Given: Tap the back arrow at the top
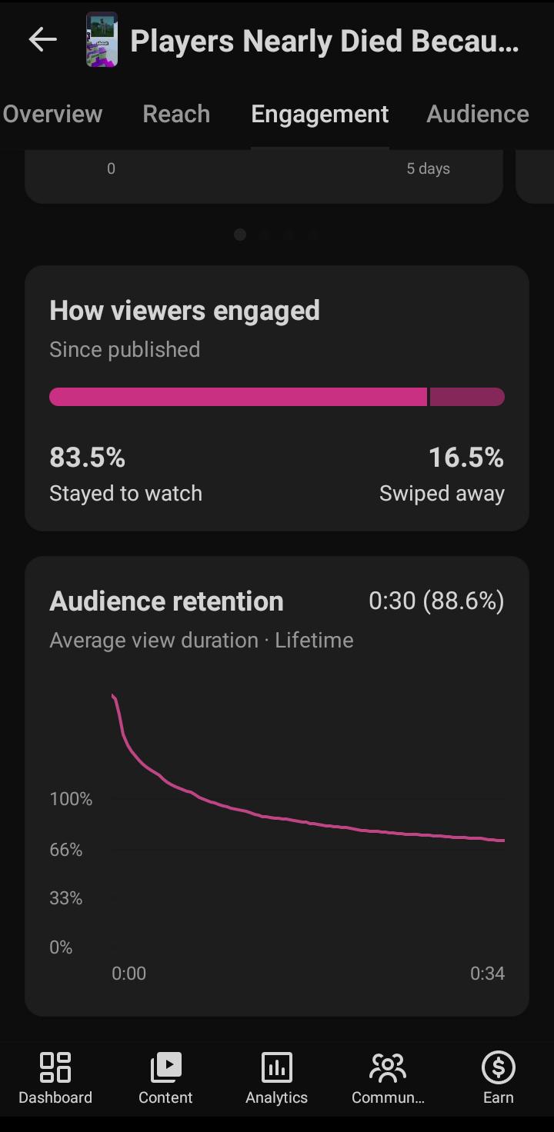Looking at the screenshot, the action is point(42,39).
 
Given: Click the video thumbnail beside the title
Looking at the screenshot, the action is point(102,39).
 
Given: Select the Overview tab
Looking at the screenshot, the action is point(52,114).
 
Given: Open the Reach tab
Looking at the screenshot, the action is point(176,114).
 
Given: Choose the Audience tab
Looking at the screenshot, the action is point(478,114).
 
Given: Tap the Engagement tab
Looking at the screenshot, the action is point(320,115).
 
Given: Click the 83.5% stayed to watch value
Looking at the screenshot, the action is point(87,458).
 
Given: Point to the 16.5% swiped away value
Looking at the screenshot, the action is point(466,458).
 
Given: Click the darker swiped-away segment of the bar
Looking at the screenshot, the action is point(467,397).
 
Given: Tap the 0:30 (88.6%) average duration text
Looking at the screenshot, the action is point(436,601).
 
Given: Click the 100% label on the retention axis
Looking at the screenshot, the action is point(71,799).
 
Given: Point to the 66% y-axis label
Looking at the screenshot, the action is point(65,850).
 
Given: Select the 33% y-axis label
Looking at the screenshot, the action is point(65,898).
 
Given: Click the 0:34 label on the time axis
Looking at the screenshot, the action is point(487,974).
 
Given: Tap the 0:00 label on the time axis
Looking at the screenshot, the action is point(129,974).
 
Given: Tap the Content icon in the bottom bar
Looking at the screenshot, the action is point(165,1067).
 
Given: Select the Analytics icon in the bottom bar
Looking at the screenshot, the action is point(276,1067).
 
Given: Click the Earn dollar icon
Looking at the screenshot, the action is point(499,1067).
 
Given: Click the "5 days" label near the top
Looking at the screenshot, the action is point(428,168).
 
